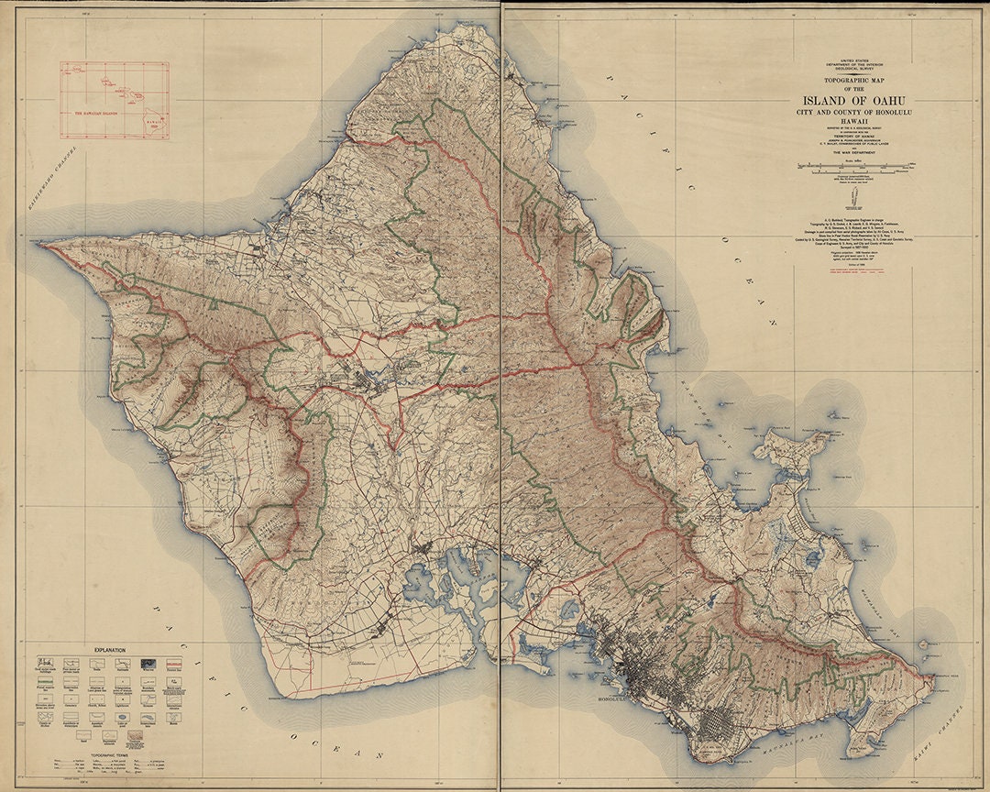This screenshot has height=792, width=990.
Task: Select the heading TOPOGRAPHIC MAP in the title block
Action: click(x=855, y=82)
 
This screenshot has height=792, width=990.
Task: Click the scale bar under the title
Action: click(x=855, y=168)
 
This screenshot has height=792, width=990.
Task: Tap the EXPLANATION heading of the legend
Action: click(x=108, y=650)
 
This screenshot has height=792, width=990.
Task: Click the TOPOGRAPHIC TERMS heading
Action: click(x=108, y=751)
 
